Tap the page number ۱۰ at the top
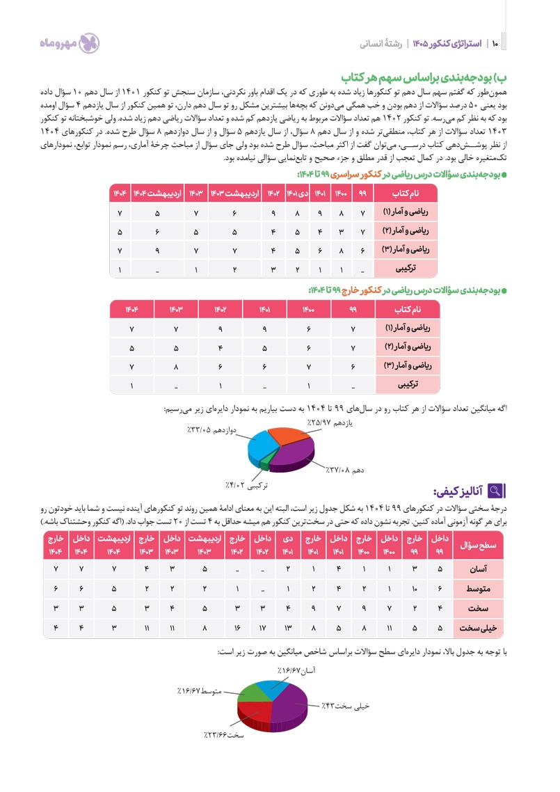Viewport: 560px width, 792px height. [495, 44]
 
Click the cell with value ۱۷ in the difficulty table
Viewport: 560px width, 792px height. [262, 628]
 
